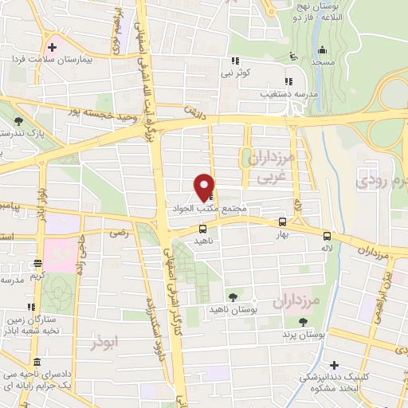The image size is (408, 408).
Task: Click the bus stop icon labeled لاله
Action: (328, 235)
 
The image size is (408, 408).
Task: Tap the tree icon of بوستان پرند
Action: (304, 320)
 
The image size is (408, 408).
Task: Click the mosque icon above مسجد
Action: (296, 55)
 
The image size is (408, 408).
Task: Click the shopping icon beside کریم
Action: (37, 264)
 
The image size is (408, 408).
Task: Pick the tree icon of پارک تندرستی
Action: (18, 121)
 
